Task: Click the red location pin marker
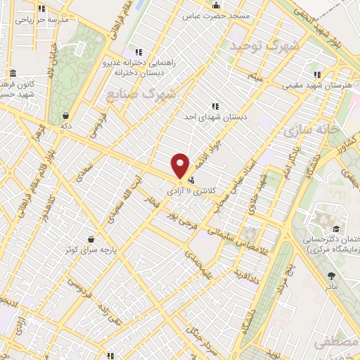pos(181,165)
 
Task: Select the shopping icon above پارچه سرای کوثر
pos(89,238)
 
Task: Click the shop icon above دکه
pos(65,116)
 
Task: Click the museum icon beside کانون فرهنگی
pos(14,73)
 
